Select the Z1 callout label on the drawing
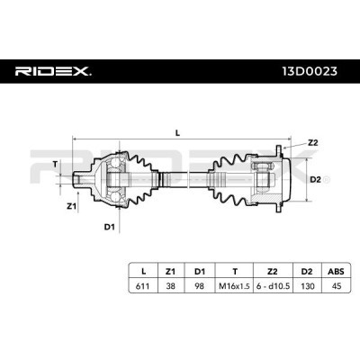pyautogui.click(x=71, y=205)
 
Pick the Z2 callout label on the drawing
pyautogui.click(x=312, y=143)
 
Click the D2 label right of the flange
pyautogui.click(x=315, y=180)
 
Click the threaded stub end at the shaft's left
pyautogui.click(x=78, y=178)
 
